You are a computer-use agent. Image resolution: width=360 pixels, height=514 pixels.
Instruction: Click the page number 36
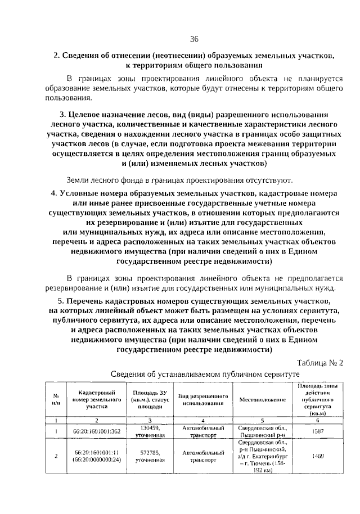point(194,39)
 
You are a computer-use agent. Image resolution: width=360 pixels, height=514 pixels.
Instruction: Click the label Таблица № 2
point(319,362)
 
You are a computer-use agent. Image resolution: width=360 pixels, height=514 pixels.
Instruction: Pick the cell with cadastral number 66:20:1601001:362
point(97,431)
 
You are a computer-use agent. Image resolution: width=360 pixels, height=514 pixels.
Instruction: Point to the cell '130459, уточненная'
point(150,431)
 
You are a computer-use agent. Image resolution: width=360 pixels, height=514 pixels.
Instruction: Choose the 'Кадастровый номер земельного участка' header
point(97,400)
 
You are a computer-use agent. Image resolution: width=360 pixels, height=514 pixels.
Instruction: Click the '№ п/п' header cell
point(56,400)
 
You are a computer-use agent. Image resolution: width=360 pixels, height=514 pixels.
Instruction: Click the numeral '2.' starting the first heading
point(56,56)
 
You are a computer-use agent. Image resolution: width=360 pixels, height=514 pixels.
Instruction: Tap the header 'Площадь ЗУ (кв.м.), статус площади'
point(150,400)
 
